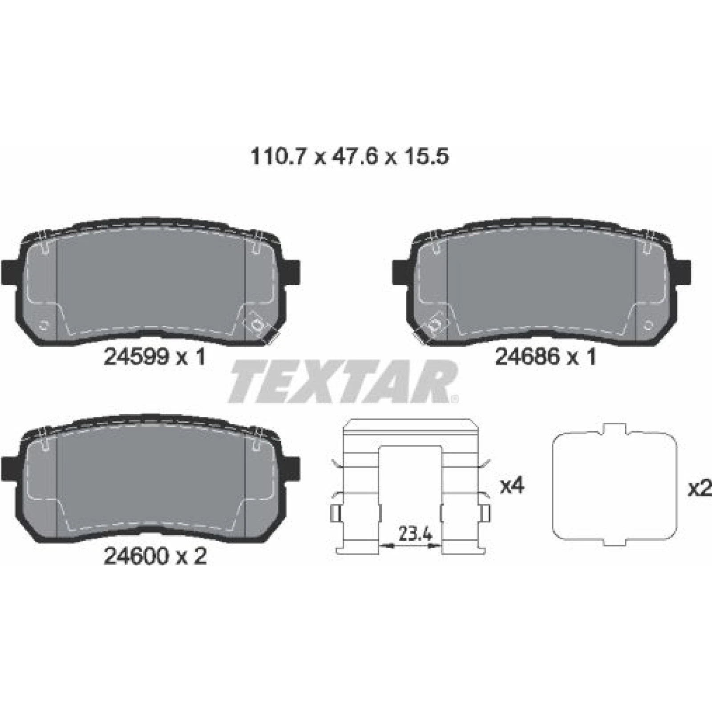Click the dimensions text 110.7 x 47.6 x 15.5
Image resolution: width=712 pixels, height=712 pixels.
tap(350, 157)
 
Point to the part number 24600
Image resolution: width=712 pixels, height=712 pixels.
tap(136, 556)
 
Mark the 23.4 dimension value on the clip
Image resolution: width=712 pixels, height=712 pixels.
tap(416, 534)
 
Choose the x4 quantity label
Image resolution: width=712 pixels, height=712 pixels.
tap(512, 486)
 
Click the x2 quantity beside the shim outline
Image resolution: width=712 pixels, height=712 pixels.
tap(700, 489)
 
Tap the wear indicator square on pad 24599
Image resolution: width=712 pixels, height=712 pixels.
tap(257, 324)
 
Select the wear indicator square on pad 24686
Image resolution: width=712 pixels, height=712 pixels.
tap(434, 324)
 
